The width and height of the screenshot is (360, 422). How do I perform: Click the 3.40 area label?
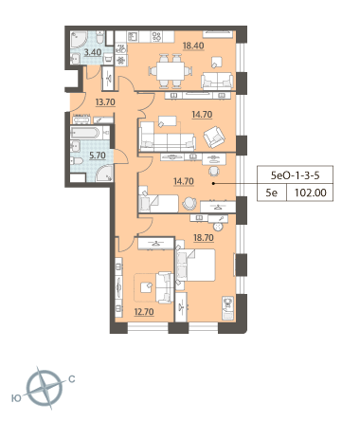(x=93, y=52)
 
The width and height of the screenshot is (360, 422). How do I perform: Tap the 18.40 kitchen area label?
(x=193, y=46)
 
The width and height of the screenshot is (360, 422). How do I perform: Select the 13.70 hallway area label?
(x=105, y=102)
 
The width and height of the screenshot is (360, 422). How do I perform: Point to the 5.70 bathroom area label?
(x=97, y=156)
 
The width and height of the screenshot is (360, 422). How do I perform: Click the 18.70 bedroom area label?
(x=204, y=237)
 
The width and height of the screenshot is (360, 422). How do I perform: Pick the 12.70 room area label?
(x=144, y=312)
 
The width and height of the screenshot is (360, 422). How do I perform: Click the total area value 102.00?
(x=311, y=193)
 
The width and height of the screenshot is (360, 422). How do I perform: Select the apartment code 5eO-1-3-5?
(x=296, y=174)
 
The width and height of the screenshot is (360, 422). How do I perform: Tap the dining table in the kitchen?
(x=171, y=71)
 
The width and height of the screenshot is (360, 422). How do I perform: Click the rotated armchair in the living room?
(x=214, y=137)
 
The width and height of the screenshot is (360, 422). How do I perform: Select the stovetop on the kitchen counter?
(x=156, y=37)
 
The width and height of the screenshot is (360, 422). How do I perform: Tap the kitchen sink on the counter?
(x=133, y=37)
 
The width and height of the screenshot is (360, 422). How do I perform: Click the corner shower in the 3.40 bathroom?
(x=79, y=40)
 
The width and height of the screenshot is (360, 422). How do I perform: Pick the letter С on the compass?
(x=72, y=379)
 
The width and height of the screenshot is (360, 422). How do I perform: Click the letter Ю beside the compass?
(x=16, y=398)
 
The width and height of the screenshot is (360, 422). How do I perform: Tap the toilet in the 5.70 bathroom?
(x=76, y=161)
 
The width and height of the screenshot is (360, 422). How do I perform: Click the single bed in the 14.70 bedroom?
(x=158, y=204)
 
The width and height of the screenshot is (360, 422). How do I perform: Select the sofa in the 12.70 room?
(x=164, y=287)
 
